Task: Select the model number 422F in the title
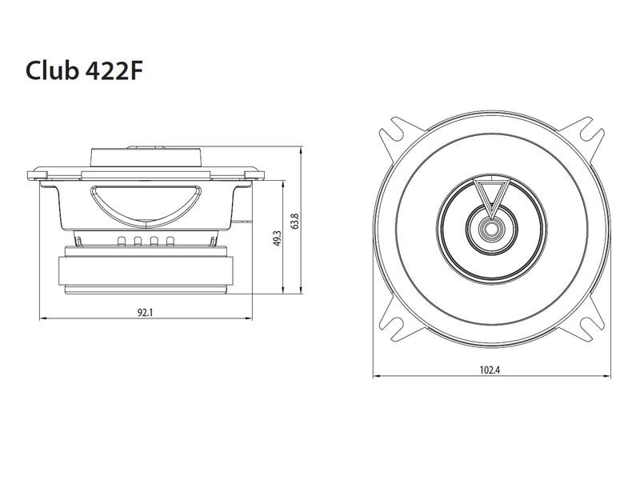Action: tap(117, 71)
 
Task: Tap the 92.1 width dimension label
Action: tap(145, 312)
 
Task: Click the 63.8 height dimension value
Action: tap(295, 220)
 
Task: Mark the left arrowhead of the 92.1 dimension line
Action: tap(42, 319)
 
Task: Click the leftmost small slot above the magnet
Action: tap(121, 242)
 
